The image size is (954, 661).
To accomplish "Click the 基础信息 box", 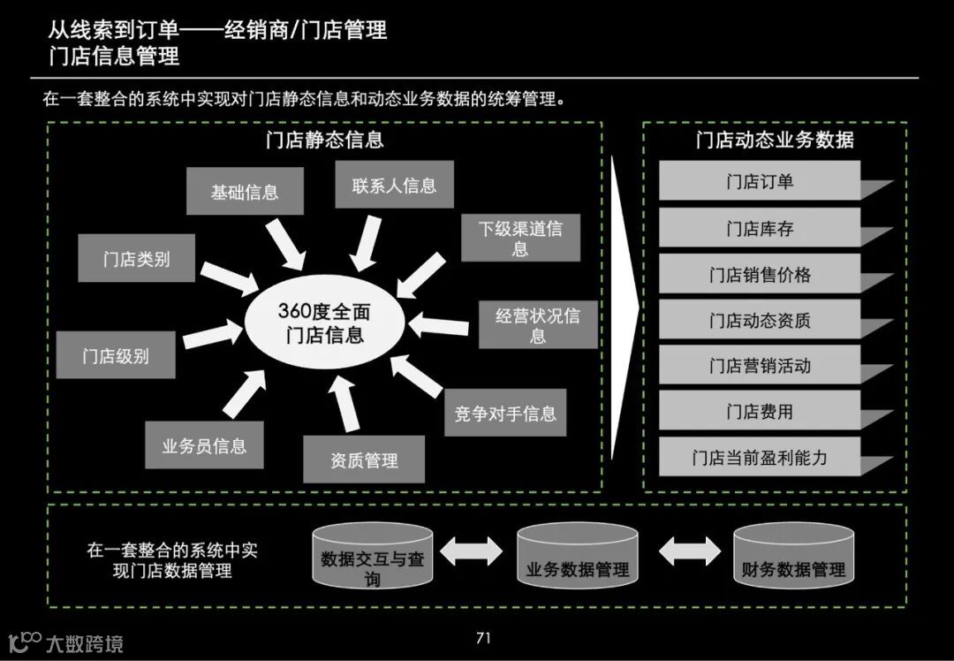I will point(245,192).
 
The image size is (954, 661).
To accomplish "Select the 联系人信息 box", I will point(394,185).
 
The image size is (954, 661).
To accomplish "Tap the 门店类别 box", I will point(136,259).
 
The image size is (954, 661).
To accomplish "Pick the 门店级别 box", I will point(115,355).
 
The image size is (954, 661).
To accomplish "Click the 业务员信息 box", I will point(204,445).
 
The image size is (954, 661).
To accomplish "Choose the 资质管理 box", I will point(364,460).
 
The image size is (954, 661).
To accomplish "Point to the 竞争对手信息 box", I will point(505,413).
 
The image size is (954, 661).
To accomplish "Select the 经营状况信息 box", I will point(537,324).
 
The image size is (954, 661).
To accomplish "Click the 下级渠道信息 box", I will point(520,238).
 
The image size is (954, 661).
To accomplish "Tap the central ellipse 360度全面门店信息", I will point(324,323).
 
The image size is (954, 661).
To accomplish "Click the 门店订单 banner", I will point(760,181).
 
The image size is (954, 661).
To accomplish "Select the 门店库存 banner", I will point(760,228).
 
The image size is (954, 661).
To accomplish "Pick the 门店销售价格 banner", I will point(760,274).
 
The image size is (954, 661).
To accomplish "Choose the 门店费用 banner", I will point(760,411).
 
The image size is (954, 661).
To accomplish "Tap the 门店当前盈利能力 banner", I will point(760,457).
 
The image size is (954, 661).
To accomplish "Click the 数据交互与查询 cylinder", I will point(373,558).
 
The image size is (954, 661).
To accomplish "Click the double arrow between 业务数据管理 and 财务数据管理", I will point(689,551).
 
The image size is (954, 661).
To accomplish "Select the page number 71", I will point(482,638).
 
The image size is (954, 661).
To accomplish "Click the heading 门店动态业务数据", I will point(774,140).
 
